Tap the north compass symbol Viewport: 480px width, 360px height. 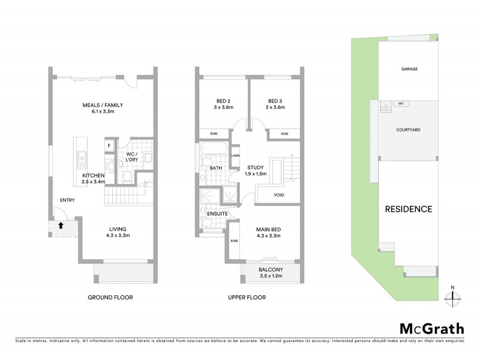coord(453,296)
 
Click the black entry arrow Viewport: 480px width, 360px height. coord(61,226)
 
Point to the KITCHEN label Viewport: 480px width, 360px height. coord(94,175)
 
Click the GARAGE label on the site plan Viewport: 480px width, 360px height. coord(409,69)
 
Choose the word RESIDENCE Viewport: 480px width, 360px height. coord(409,209)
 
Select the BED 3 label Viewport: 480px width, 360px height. coord(276,101)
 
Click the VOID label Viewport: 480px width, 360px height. coord(279,195)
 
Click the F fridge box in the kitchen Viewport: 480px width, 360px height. coord(109,146)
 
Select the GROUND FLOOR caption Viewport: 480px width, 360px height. coord(110,298)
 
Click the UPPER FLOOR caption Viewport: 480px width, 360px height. coord(246,298)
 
